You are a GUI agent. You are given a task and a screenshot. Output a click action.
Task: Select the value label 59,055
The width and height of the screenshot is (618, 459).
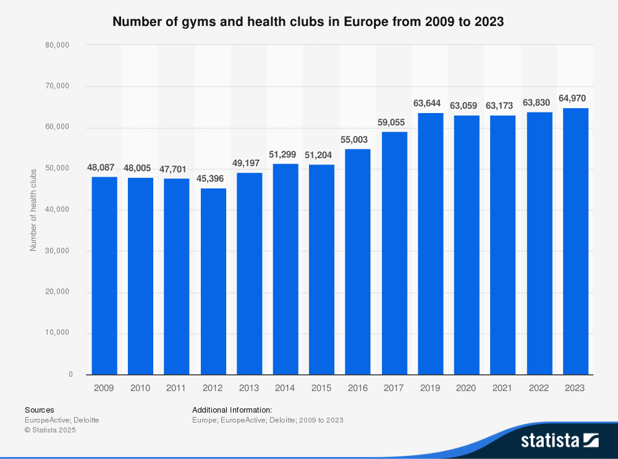click(394, 122)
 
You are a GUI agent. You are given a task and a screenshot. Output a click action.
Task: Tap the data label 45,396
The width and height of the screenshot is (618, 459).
click(213, 178)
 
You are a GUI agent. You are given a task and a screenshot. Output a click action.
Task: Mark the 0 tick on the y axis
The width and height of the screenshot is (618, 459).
click(70, 374)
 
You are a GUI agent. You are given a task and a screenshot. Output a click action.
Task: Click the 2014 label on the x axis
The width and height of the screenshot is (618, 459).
click(285, 388)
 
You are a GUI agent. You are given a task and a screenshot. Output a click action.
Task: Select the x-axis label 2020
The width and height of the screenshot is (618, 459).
click(466, 388)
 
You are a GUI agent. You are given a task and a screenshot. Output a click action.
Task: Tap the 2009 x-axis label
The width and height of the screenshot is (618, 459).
click(104, 388)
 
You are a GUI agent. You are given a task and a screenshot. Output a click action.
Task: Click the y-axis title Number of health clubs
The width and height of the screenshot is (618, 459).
click(33, 210)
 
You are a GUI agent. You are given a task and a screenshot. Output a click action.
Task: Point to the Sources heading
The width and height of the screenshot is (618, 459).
click(39, 410)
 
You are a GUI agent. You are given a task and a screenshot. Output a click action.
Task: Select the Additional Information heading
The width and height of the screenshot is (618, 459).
click(232, 410)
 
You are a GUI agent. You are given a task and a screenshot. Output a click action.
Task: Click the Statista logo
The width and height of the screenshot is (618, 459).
click(559, 440)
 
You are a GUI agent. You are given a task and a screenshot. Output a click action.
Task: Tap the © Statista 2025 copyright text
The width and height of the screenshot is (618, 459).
click(50, 429)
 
